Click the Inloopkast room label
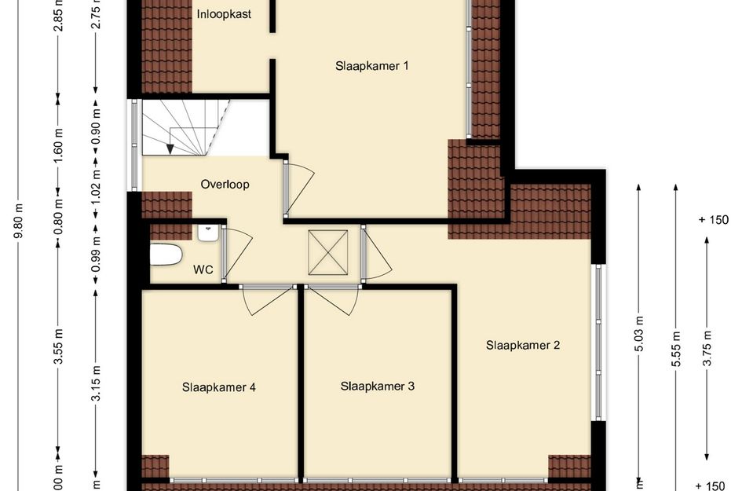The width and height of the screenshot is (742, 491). pos(225,14)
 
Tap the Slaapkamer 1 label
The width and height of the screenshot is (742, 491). pos(372,66)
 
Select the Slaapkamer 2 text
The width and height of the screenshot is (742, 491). pos(522,345)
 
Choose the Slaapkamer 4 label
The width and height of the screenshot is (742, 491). pos(219,387)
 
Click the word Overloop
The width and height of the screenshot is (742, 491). pos(225,185)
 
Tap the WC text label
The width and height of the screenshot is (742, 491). pos(203,270)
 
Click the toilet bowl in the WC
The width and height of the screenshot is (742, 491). pos(166,255)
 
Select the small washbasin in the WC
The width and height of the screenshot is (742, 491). pos(209,232)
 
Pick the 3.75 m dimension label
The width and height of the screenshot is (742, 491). pos(707,346)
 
